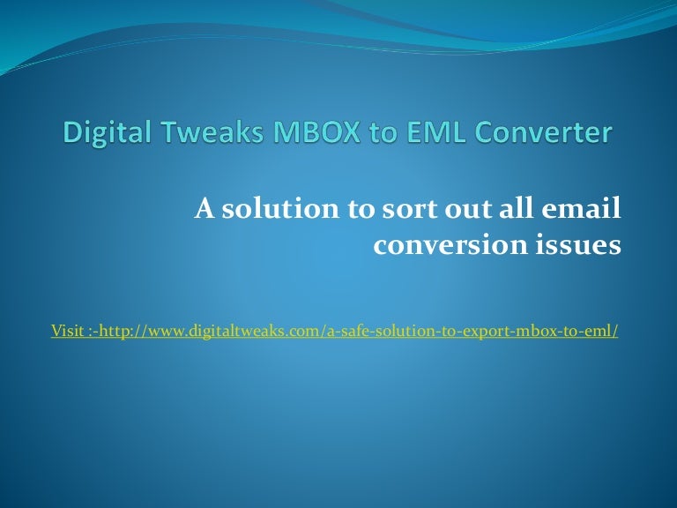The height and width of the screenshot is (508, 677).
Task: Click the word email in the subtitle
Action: click(x=586, y=210)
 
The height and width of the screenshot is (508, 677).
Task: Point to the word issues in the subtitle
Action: click(x=576, y=244)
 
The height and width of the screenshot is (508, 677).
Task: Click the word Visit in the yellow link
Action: click(x=67, y=332)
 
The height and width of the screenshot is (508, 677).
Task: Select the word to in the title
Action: click(x=375, y=133)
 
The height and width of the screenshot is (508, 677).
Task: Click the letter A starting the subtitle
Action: click(x=204, y=210)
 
